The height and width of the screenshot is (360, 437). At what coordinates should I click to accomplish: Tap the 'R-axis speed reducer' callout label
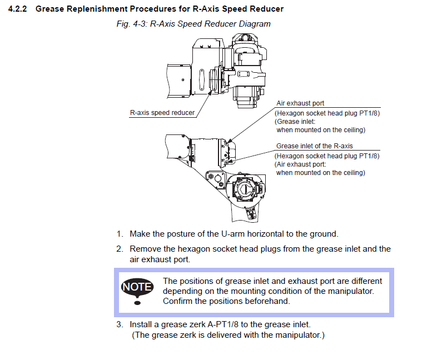162,113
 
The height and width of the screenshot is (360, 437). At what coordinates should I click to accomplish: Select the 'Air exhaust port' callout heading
300,103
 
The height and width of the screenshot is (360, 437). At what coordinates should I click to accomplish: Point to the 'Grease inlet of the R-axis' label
314,146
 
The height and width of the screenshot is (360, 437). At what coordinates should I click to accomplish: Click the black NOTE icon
137,288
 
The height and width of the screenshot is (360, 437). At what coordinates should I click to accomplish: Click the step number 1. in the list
120,234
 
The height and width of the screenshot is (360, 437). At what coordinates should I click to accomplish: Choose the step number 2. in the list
120,249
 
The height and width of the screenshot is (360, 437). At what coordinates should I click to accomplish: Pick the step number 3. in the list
120,324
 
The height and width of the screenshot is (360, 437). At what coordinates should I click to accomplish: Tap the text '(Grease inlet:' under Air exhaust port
295,121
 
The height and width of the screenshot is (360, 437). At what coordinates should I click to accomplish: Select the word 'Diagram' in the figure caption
255,24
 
